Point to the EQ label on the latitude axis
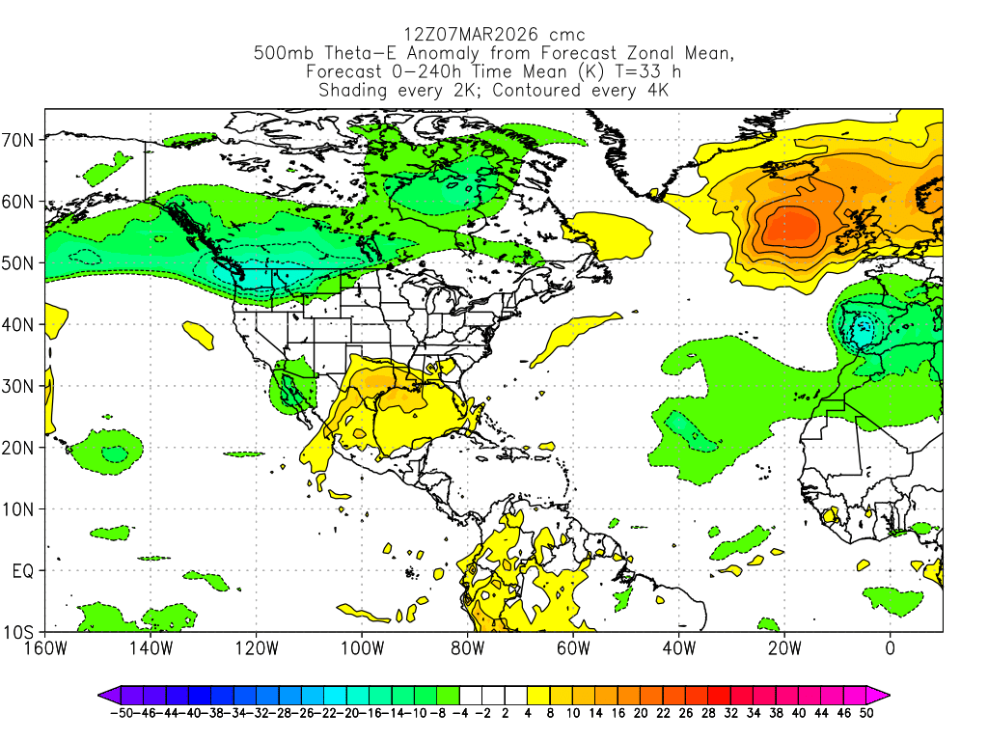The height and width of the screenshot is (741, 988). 23,571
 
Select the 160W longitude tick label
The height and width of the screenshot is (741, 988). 45,647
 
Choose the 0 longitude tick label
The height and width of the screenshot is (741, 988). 890,647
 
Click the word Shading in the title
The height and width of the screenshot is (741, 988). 351,91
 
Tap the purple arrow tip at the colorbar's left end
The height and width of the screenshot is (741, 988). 101,694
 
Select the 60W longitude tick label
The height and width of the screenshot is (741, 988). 573,647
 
